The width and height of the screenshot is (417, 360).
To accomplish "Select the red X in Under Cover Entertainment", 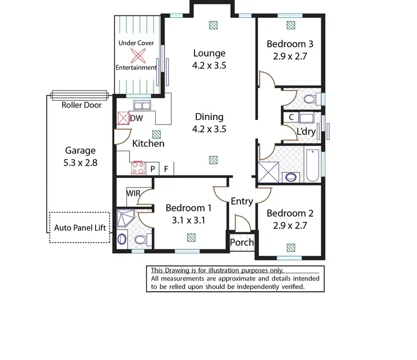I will pyautogui.click(x=136, y=55).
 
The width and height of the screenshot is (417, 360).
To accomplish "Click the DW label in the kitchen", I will pyautogui.click(x=136, y=118).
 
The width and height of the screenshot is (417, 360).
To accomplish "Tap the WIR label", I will pyautogui.click(x=133, y=193).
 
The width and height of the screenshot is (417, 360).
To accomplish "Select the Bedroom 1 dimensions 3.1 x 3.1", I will pyautogui.click(x=190, y=220).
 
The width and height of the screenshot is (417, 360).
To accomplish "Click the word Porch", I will pyautogui.click(x=242, y=242).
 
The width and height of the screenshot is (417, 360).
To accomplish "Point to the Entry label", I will pyautogui.click(x=242, y=201).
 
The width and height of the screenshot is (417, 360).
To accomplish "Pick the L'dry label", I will pyautogui.click(x=306, y=132).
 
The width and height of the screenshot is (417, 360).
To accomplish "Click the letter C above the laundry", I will pyautogui.click(x=290, y=118).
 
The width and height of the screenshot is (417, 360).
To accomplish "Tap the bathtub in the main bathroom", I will pyautogui.click(x=312, y=166).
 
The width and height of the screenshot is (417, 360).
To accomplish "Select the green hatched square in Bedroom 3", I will pyautogui.click(x=290, y=24).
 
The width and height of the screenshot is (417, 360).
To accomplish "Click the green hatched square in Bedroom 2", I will pyautogui.click(x=290, y=247).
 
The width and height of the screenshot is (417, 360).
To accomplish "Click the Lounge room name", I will pyautogui.click(x=209, y=53).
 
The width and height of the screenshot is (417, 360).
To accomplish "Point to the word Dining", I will pyautogui.click(x=209, y=117).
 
